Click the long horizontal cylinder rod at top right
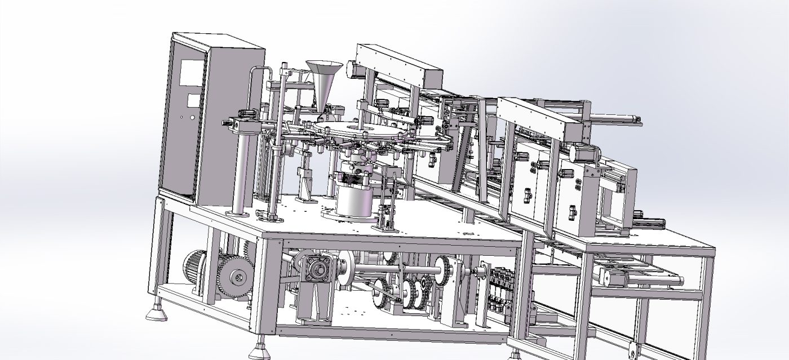click(614, 117)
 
